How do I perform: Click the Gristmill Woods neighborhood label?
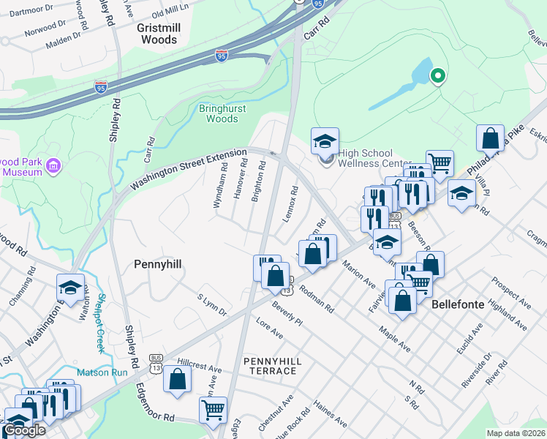click(x=159, y=33)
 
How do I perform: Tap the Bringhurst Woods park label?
click(x=219, y=113)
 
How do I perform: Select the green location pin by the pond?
click(x=438, y=75)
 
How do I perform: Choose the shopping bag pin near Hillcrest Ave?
click(x=178, y=379)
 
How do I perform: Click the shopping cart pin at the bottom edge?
click(x=213, y=410)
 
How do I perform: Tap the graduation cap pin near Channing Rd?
click(x=70, y=288)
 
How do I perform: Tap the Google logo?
click(x=24, y=430)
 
